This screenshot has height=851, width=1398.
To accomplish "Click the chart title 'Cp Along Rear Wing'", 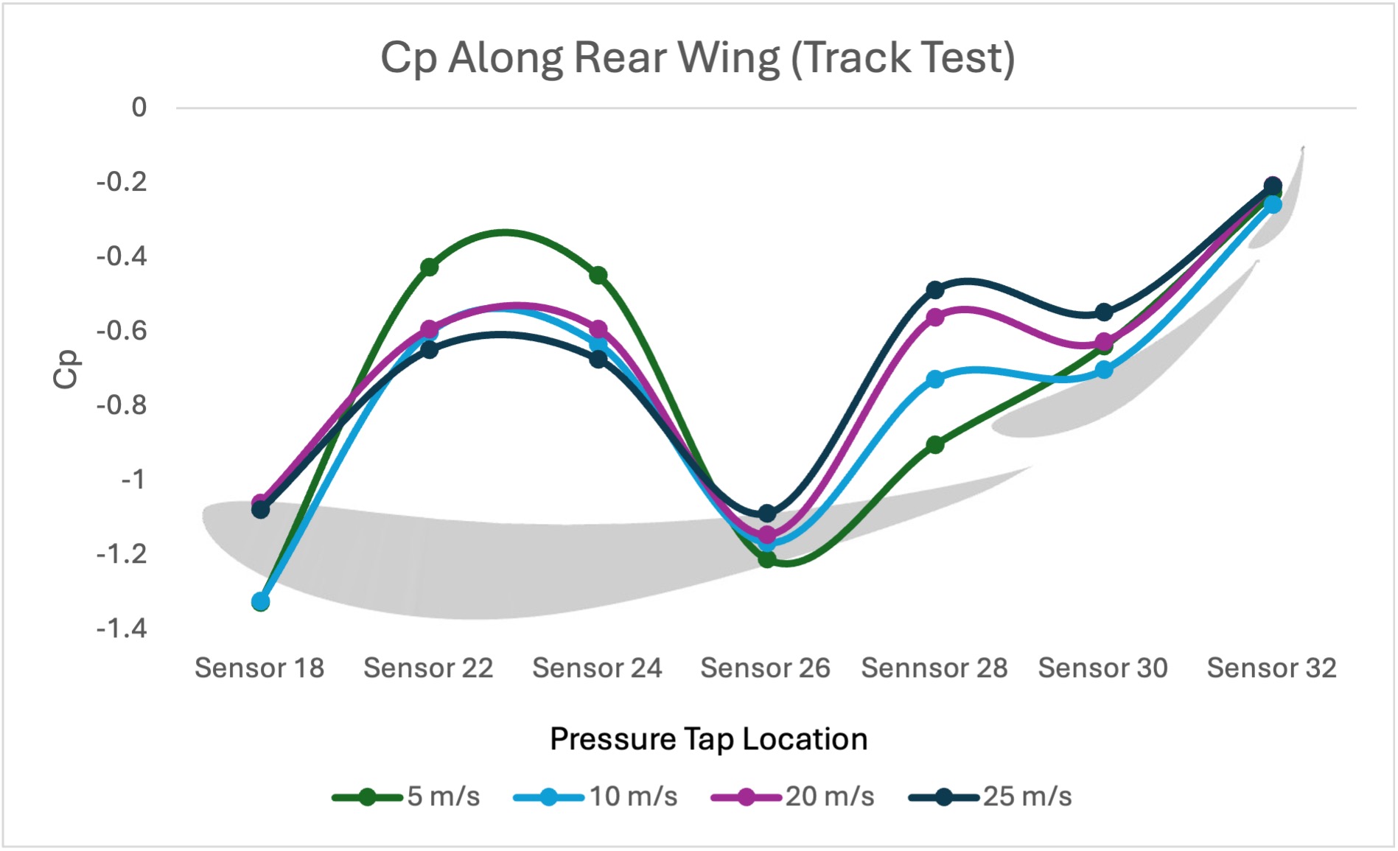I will [x=697, y=57].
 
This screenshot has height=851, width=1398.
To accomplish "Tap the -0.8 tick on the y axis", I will [x=122, y=405].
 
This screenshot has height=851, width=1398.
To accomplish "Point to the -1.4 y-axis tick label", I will [x=122, y=628].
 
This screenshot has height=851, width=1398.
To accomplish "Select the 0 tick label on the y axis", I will [x=139, y=108].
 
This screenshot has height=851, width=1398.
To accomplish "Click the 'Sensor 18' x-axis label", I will [x=259, y=668].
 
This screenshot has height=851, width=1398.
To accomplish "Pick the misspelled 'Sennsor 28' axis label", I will [x=934, y=668].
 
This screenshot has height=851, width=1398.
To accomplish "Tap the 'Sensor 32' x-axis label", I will [x=1271, y=668].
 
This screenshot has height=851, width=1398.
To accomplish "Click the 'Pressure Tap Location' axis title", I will [x=708, y=739].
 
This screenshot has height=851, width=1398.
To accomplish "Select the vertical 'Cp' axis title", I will [x=66, y=368].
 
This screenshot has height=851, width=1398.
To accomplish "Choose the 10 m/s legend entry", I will [x=595, y=796].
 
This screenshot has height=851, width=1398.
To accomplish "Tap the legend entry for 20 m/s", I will [x=792, y=796].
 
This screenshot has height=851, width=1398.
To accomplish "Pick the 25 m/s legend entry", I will [x=990, y=796].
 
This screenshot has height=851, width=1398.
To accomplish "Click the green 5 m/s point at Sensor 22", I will [x=429, y=267].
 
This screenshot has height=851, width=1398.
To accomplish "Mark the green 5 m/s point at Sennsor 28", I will [x=935, y=444].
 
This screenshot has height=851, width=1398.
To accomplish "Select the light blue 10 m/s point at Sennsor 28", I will [x=935, y=379].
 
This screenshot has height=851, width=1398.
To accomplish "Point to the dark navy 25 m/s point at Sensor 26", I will [x=766, y=513].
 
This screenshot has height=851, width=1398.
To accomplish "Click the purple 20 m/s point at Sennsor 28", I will [x=935, y=318].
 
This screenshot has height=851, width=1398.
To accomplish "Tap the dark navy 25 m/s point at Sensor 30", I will [x=1104, y=312].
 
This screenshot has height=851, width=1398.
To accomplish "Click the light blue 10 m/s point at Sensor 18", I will [x=260, y=602].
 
